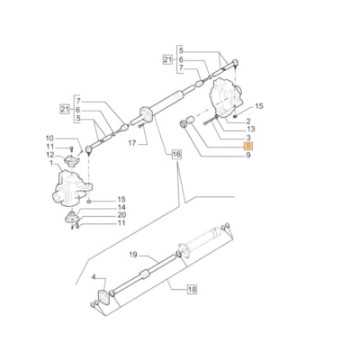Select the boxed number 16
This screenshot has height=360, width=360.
[176, 156]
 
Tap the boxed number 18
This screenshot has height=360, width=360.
[192, 290]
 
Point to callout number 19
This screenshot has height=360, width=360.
[132, 255]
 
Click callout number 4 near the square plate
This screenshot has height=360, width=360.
[92, 280]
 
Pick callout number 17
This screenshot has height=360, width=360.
[132, 142]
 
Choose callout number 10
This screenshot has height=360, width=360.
[50, 138]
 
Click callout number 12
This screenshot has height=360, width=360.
[50, 156]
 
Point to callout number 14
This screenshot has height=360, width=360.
[121, 207]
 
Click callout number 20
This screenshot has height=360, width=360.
[121, 216]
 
